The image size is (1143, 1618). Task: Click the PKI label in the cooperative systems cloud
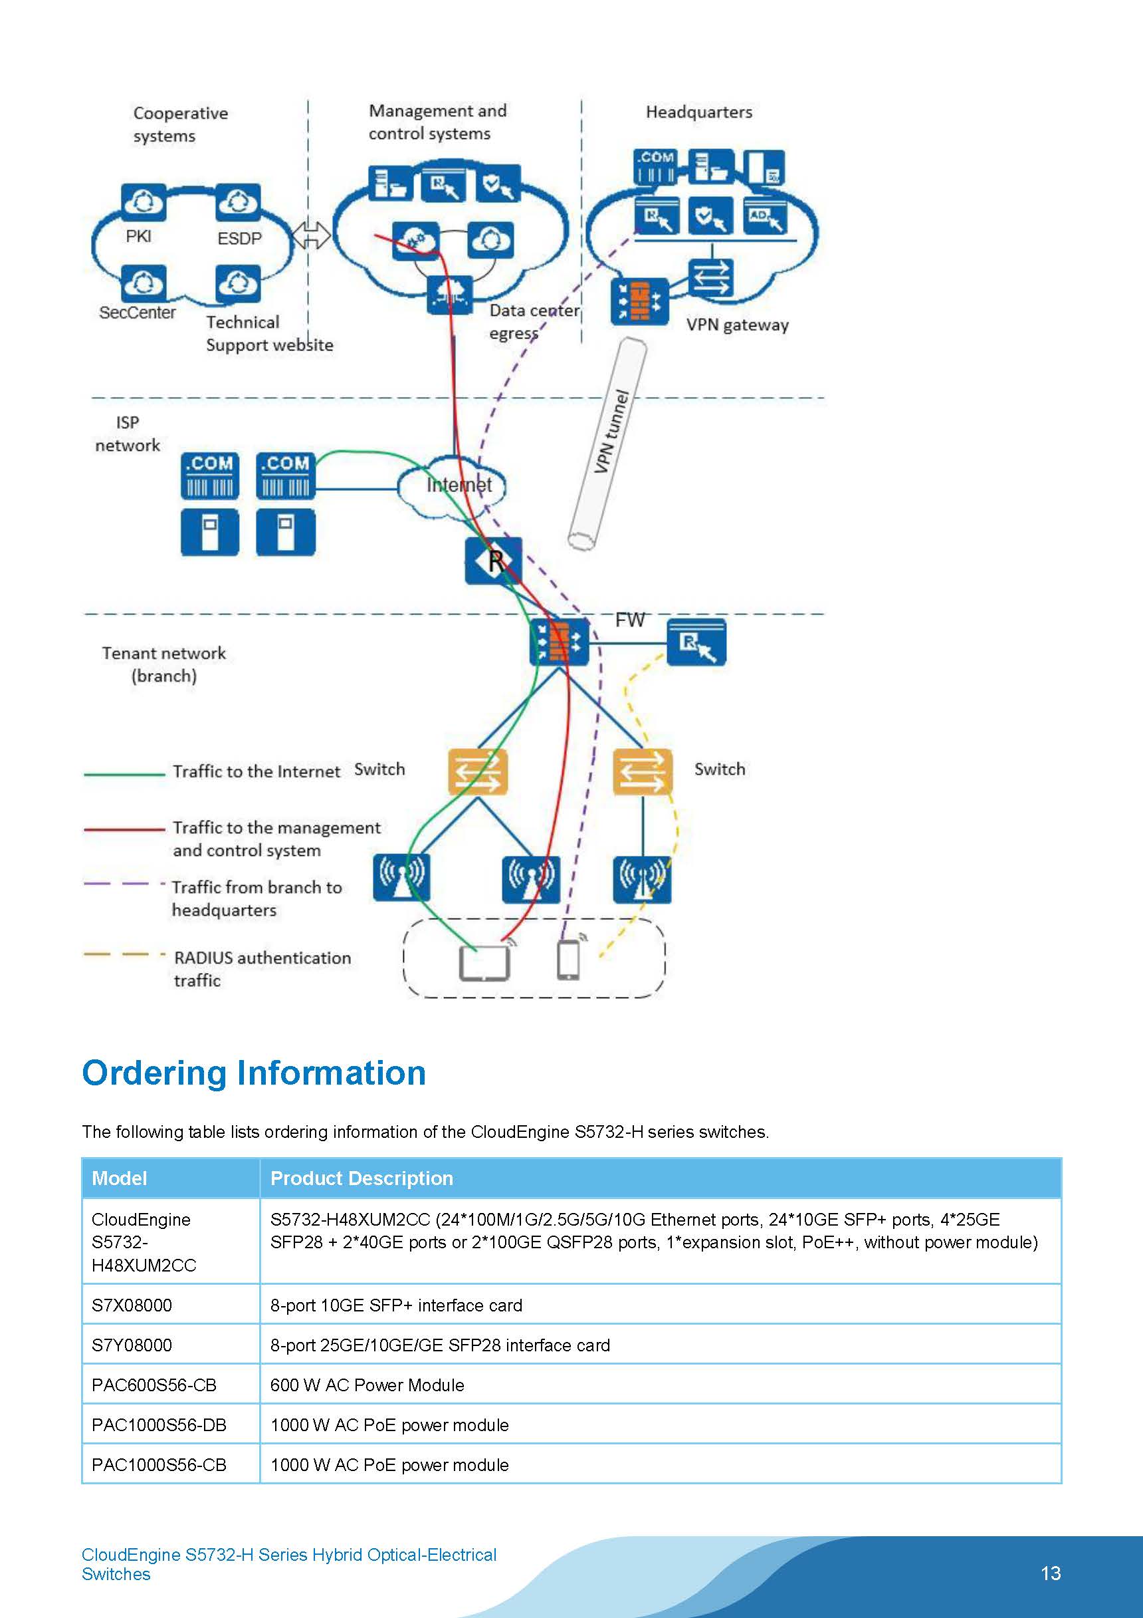pyautogui.click(x=138, y=236)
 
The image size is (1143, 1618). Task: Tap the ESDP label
pyautogui.click(x=239, y=239)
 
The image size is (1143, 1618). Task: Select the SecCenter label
pyautogui.click(x=138, y=312)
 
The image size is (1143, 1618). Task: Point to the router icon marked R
pyautogui.click(x=494, y=561)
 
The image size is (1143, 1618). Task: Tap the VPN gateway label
pyautogui.click(x=737, y=325)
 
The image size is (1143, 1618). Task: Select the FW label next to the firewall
pyautogui.click(x=629, y=620)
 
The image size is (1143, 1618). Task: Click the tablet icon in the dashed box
pyautogui.click(x=484, y=963)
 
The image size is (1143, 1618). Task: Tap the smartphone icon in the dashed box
pyautogui.click(x=568, y=960)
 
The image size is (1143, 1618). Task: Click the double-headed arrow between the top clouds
pyautogui.click(x=310, y=235)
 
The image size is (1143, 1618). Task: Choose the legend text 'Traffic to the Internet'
pyautogui.click(x=257, y=771)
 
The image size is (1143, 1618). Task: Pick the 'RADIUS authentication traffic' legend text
pyautogui.click(x=262, y=969)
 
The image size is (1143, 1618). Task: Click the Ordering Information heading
pyautogui.click(x=254, y=1073)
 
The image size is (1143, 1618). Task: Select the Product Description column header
pyautogui.click(x=362, y=1178)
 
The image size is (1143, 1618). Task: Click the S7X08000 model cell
pyautogui.click(x=132, y=1305)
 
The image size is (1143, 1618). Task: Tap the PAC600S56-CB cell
pyautogui.click(x=154, y=1385)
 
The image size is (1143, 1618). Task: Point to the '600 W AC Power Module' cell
pyautogui.click(x=367, y=1385)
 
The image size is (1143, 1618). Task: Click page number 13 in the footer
pyautogui.click(x=1050, y=1573)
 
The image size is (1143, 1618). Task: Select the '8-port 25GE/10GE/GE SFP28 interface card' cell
pyautogui.click(x=439, y=1345)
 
